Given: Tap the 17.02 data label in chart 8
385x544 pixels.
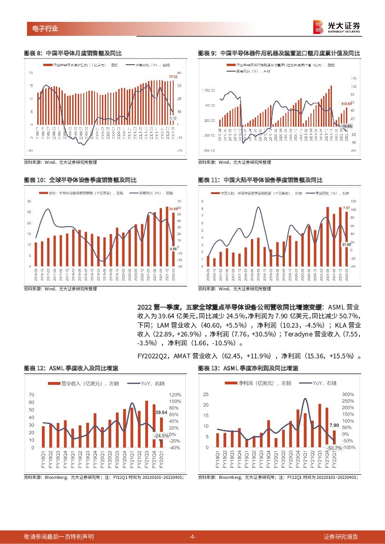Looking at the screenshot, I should pyautogui.click(x=173, y=77).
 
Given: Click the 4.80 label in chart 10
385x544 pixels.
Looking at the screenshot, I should pyautogui.click(x=173, y=248).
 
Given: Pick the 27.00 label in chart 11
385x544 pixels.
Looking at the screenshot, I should pyautogui.click(x=346, y=244).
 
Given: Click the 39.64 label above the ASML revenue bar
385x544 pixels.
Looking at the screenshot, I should pyautogui.click(x=161, y=413).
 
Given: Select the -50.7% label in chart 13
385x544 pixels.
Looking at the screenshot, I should pyautogui.click(x=334, y=448).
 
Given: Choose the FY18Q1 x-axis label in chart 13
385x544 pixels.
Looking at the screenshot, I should pyautogui.click(x=217, y=458).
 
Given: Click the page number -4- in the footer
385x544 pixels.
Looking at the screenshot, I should pyautogui.click(x=192, y=537).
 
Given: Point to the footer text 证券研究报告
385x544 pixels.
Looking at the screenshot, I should pyautogui.click(x=341, y=537).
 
